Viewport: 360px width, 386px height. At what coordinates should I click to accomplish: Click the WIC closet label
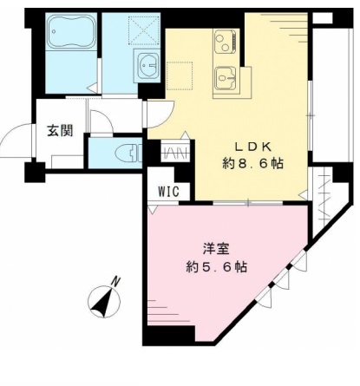click(169, 191)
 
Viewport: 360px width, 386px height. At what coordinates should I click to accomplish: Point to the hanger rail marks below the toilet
click(174, 154)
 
